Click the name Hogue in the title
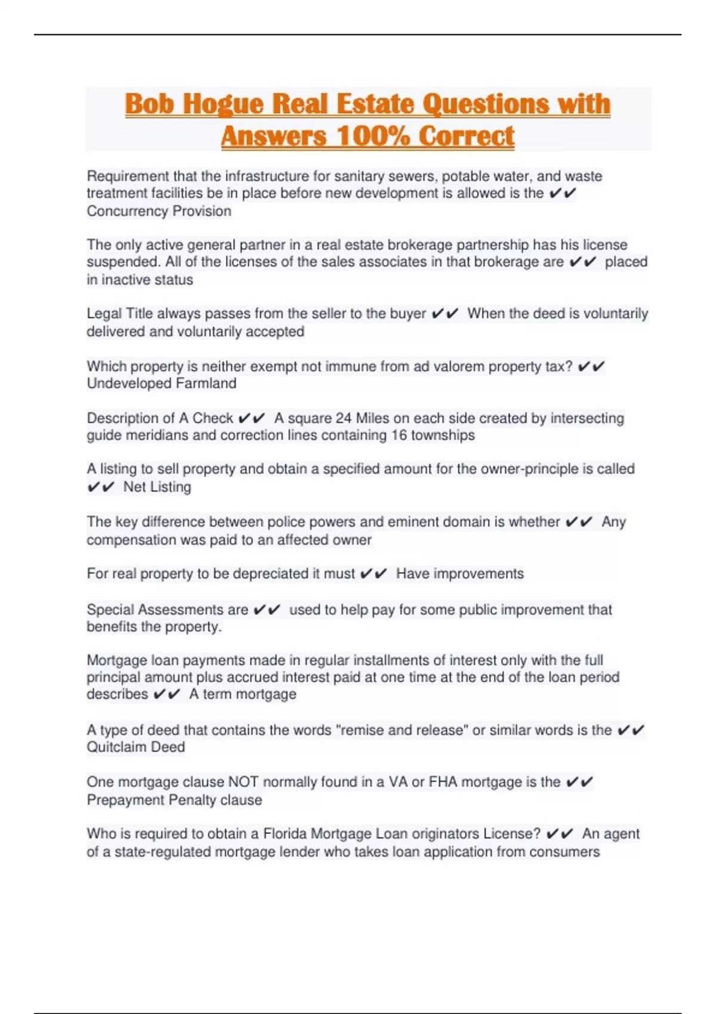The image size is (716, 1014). click(x=223, y=104)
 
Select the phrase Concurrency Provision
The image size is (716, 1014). click(x=159, y=211)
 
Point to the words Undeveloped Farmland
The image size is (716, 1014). click(x=161, y=383)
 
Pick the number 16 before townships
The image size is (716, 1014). click(x=399, y=435)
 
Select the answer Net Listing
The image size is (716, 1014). click(x=157, y=487)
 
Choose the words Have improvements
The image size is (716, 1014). click(x=459, y=574)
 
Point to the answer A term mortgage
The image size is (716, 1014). click(x=242, y=694)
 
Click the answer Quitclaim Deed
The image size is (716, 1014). click(x=135, y=747)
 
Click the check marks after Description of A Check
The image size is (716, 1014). click(x=251, y=418)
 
